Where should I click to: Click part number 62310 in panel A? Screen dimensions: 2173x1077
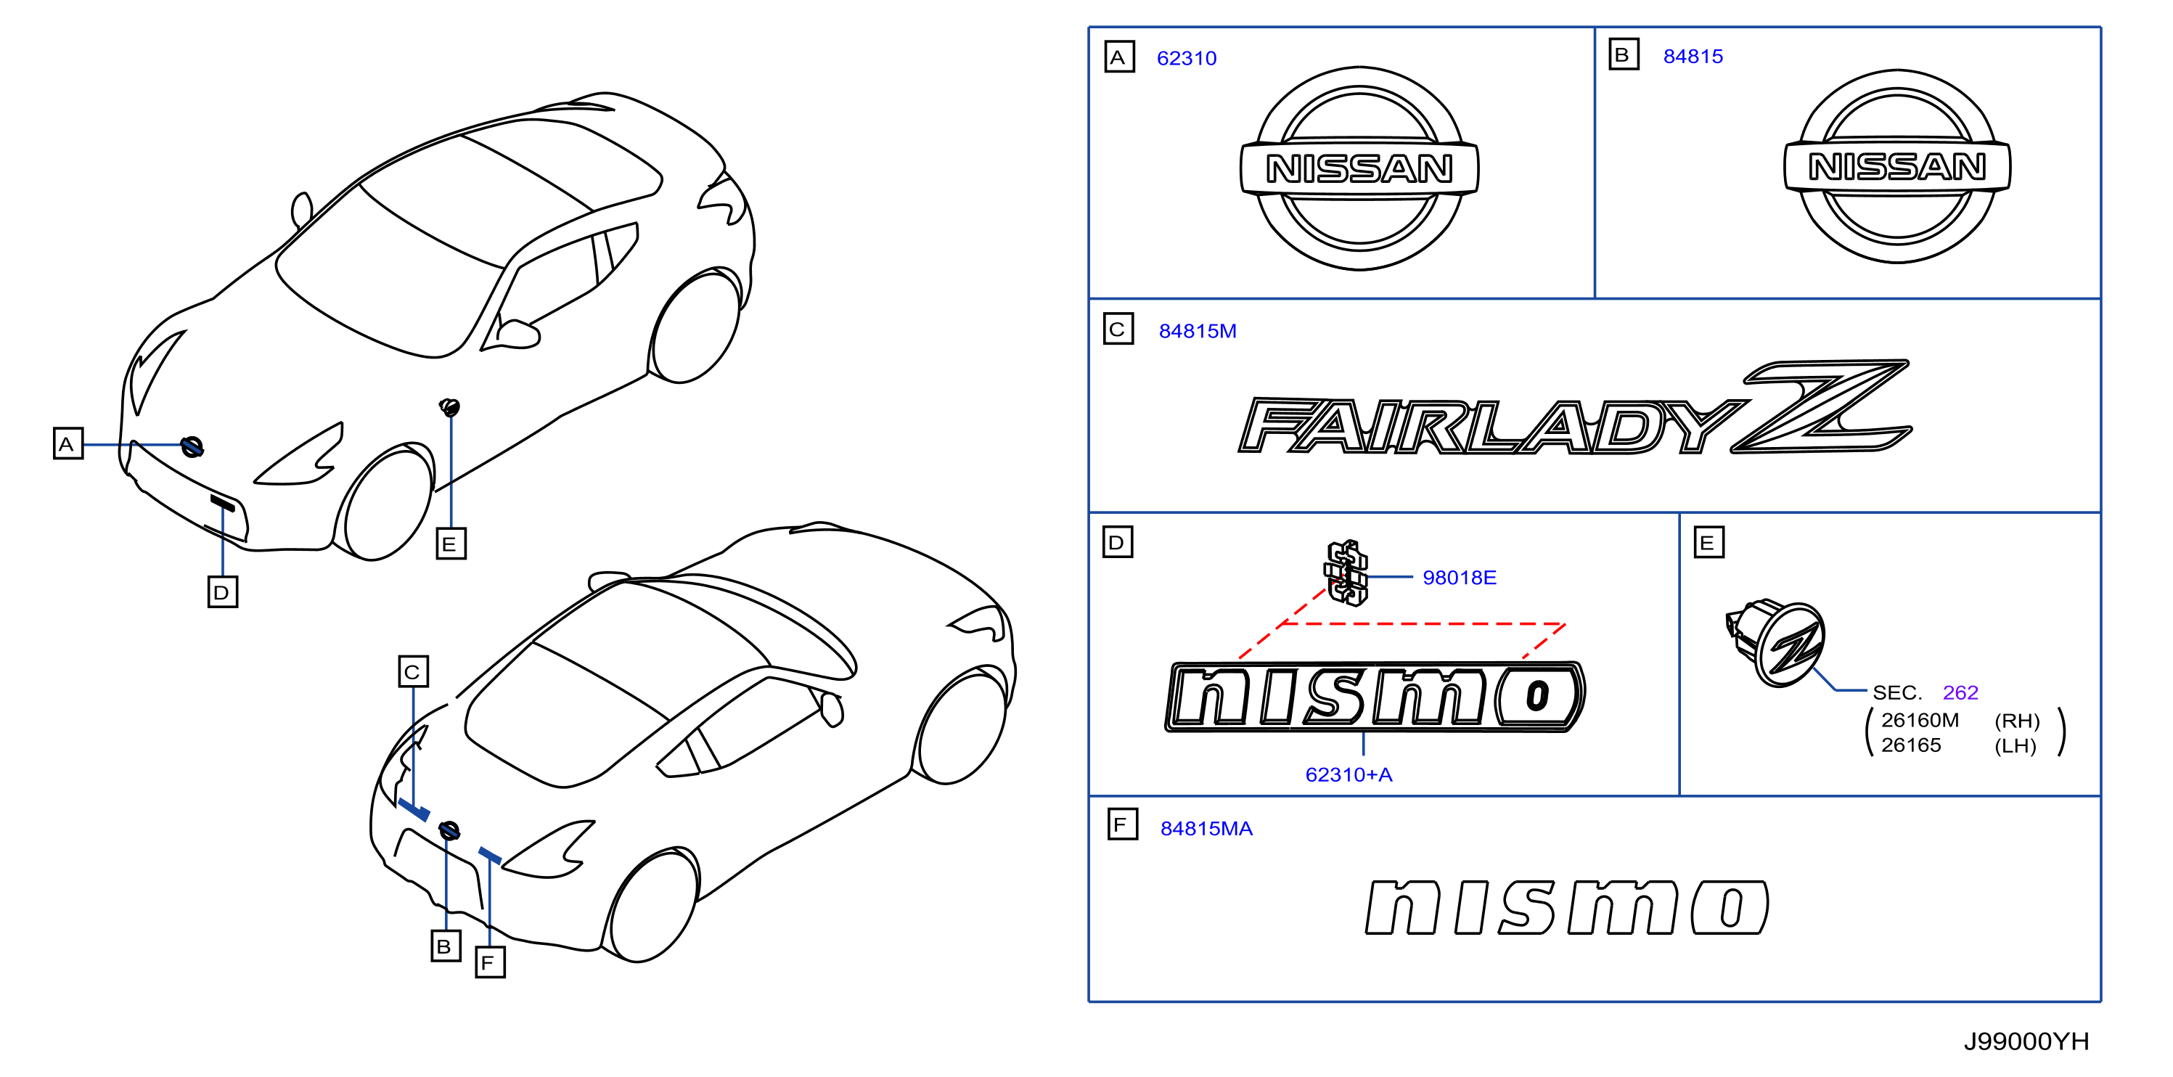tap(1186, 58)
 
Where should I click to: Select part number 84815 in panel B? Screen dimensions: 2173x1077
tap(1693, 57)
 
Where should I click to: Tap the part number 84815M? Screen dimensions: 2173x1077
tap(1197, 331)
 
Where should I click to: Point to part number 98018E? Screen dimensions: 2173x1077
tap(1460, 578)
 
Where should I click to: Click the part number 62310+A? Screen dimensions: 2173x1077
tap(1348, 774)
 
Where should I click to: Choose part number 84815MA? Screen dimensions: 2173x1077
tap(1206, 828)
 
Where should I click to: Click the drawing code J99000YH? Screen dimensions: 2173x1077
tap(2026, 1041)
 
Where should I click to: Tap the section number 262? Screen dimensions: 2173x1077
tap(1960, 692)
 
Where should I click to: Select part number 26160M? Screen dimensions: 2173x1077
tap(1920, 720)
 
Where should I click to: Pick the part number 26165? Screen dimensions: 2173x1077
tap(1911, 745)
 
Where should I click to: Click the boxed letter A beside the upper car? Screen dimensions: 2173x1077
tap(68, 443)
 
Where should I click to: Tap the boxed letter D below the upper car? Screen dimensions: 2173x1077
tap(223, 592)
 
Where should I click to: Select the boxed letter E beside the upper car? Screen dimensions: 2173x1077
tap(451, 544)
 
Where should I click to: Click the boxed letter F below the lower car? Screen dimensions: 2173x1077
tap(490, 962)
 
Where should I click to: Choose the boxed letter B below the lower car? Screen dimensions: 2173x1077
tap(446, 946)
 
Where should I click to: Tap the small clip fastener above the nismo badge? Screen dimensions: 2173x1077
tap(1346, 573)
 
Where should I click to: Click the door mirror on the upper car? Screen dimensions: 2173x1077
tap(518, 332)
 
